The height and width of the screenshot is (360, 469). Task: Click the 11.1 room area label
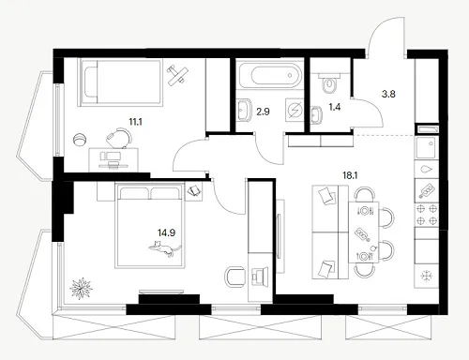pos(135,122)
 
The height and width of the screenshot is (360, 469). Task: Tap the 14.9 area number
pos(166,232)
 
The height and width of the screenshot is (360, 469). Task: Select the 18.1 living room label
pos(350,175)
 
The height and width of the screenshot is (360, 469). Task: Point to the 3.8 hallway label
pos(388,94)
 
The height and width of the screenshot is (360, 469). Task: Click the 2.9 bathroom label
pos(263,112)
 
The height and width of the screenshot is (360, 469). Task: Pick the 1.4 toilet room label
pos(335,107)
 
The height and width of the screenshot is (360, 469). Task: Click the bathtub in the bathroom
pos(269,75)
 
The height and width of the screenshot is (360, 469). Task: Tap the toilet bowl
pos(329,83)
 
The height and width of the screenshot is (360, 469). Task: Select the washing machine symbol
pos(295,111)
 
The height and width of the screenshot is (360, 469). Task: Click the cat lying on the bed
pos(164,248)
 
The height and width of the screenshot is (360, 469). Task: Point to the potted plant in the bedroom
pos(81,289)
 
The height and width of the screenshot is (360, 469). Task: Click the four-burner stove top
pos(427,215)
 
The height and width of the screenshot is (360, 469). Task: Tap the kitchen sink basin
pos(426,147)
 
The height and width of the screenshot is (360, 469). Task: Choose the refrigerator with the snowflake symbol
pos(426,276)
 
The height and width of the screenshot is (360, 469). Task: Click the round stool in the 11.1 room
pos(80,139)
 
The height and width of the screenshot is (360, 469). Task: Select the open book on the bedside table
pos(194,191)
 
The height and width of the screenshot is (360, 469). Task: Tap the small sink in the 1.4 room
pos(317,113)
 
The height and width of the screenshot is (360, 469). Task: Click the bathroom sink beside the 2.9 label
pos(244,110)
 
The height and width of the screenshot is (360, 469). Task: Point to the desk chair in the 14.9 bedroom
pos(234,277)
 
